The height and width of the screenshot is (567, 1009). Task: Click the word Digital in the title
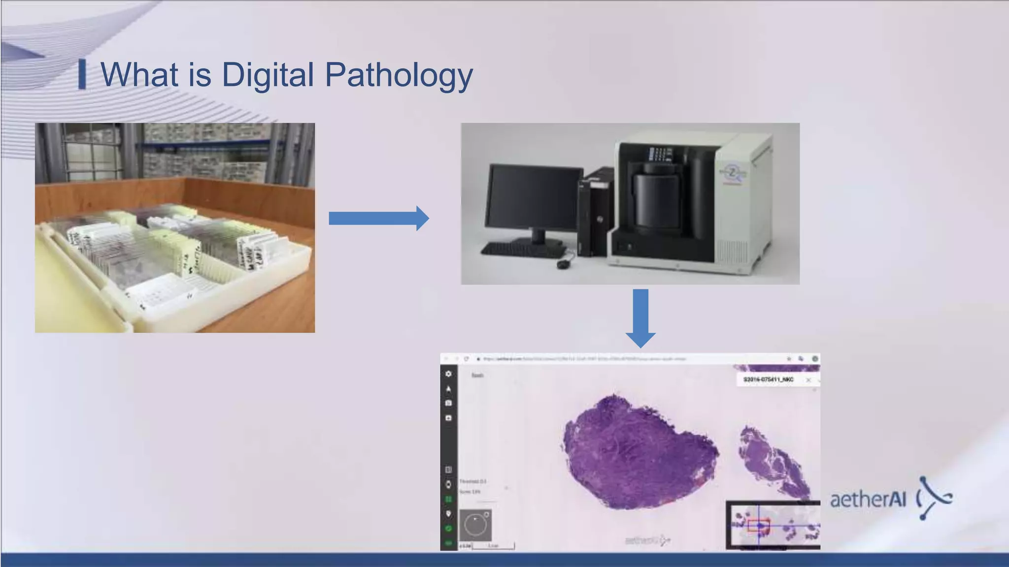pyautogui.click(x=268, y=75)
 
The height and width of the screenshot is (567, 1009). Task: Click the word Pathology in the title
pyautogui.click(x=399, y=75)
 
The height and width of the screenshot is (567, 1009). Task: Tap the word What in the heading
pyautogui.click(x=139, y=75)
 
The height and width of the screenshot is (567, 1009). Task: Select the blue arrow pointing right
pyautogui.click(x=378, y=218)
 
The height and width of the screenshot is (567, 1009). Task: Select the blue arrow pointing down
pyautogui.click(x=640, y=317)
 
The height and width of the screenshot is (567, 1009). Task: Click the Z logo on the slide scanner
pyautogui.click(x=732, y=173)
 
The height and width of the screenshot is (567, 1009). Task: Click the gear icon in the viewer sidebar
pyautogui.click(x=448, y=374)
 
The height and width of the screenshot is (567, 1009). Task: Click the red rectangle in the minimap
pyautogui.click(x=758, y=525)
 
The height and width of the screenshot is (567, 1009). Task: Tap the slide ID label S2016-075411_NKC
pyautogui.click(x=768, y=379)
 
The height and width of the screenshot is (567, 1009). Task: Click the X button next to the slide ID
pyautogui.click(x=808, y=380)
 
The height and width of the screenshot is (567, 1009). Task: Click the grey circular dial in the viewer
pyautogui.click(x=475, y=526)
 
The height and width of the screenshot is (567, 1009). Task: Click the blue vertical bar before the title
pyautogui.click(x=82, y=74)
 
